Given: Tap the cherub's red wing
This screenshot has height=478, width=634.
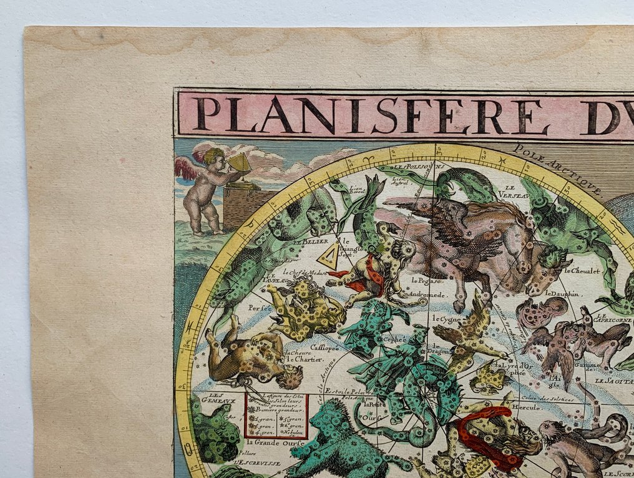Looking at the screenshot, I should tap(185, 167).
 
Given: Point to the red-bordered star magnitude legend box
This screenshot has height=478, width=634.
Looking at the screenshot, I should tap(276, 415).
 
